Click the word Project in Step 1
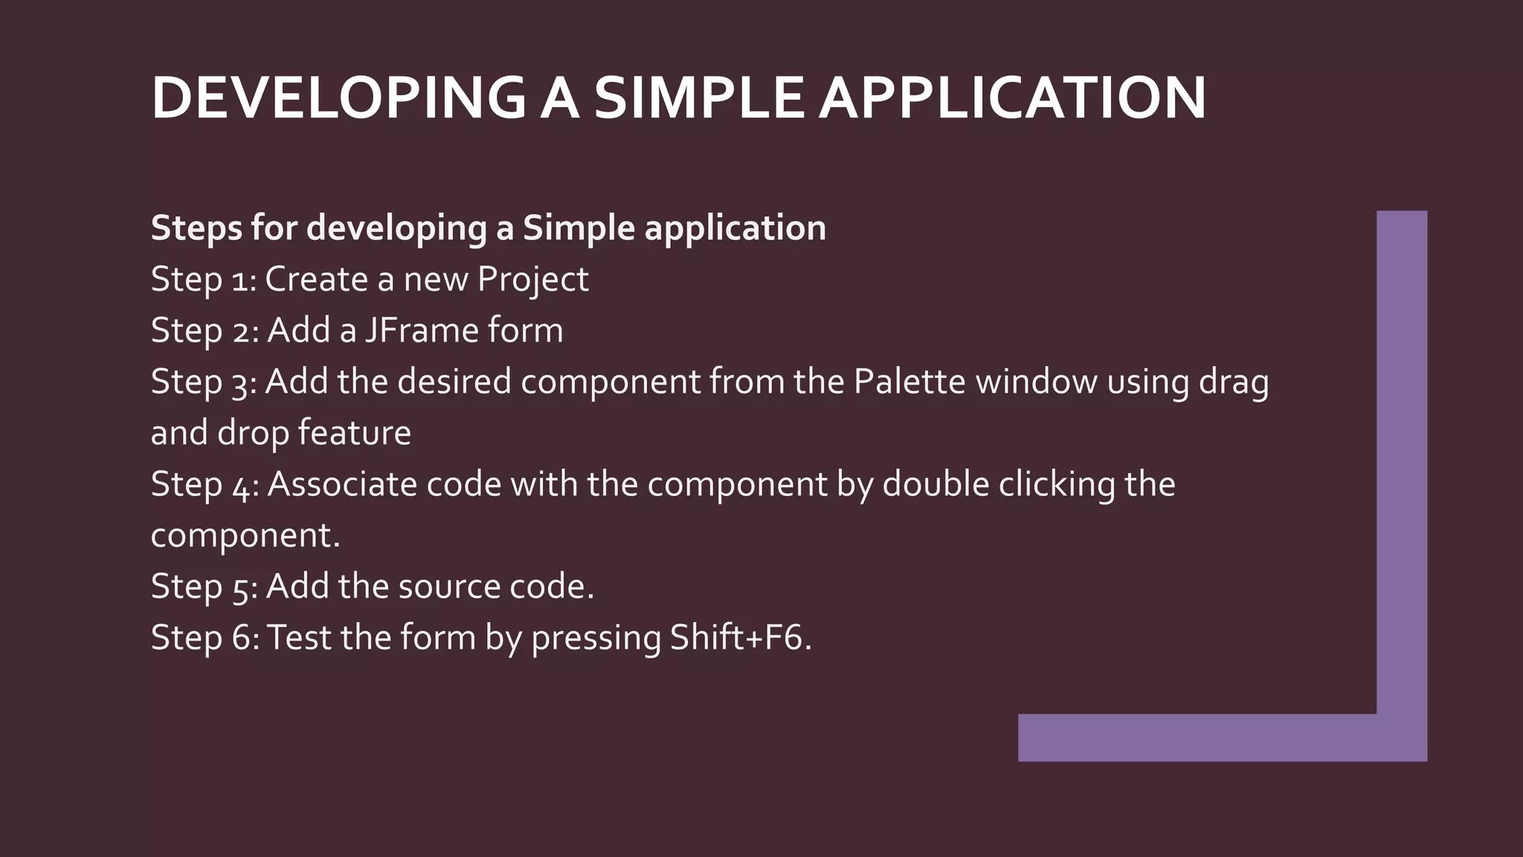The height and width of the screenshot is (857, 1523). (532, 280)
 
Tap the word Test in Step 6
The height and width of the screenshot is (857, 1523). (298, 638)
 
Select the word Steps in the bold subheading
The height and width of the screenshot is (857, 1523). (196, 228)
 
